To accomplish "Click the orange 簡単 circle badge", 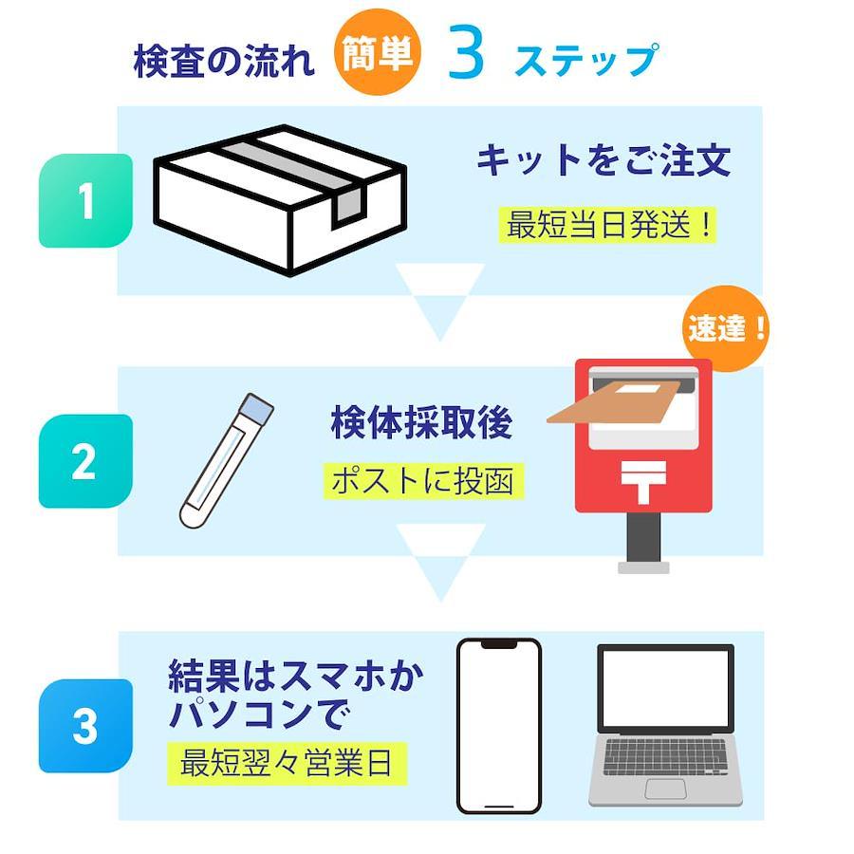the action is (377, 52).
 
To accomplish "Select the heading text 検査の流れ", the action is (224, 60).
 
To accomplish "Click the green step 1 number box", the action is (85, 200).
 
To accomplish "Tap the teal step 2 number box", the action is (85, 461).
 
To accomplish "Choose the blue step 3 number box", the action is (85, 726).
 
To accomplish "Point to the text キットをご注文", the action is (603, 159).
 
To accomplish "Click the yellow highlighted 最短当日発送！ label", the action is (607, 224).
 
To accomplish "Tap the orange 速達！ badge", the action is (726, 328).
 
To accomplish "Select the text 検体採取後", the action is (421, 422).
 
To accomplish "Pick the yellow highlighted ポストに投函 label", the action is (423, 481).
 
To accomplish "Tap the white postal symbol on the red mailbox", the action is (643, 481).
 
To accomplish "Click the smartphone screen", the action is (499, 726).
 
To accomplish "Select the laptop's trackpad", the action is (665, 789).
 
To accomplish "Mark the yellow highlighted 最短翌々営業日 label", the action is (287, 763).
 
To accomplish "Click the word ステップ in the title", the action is (586, 59).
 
